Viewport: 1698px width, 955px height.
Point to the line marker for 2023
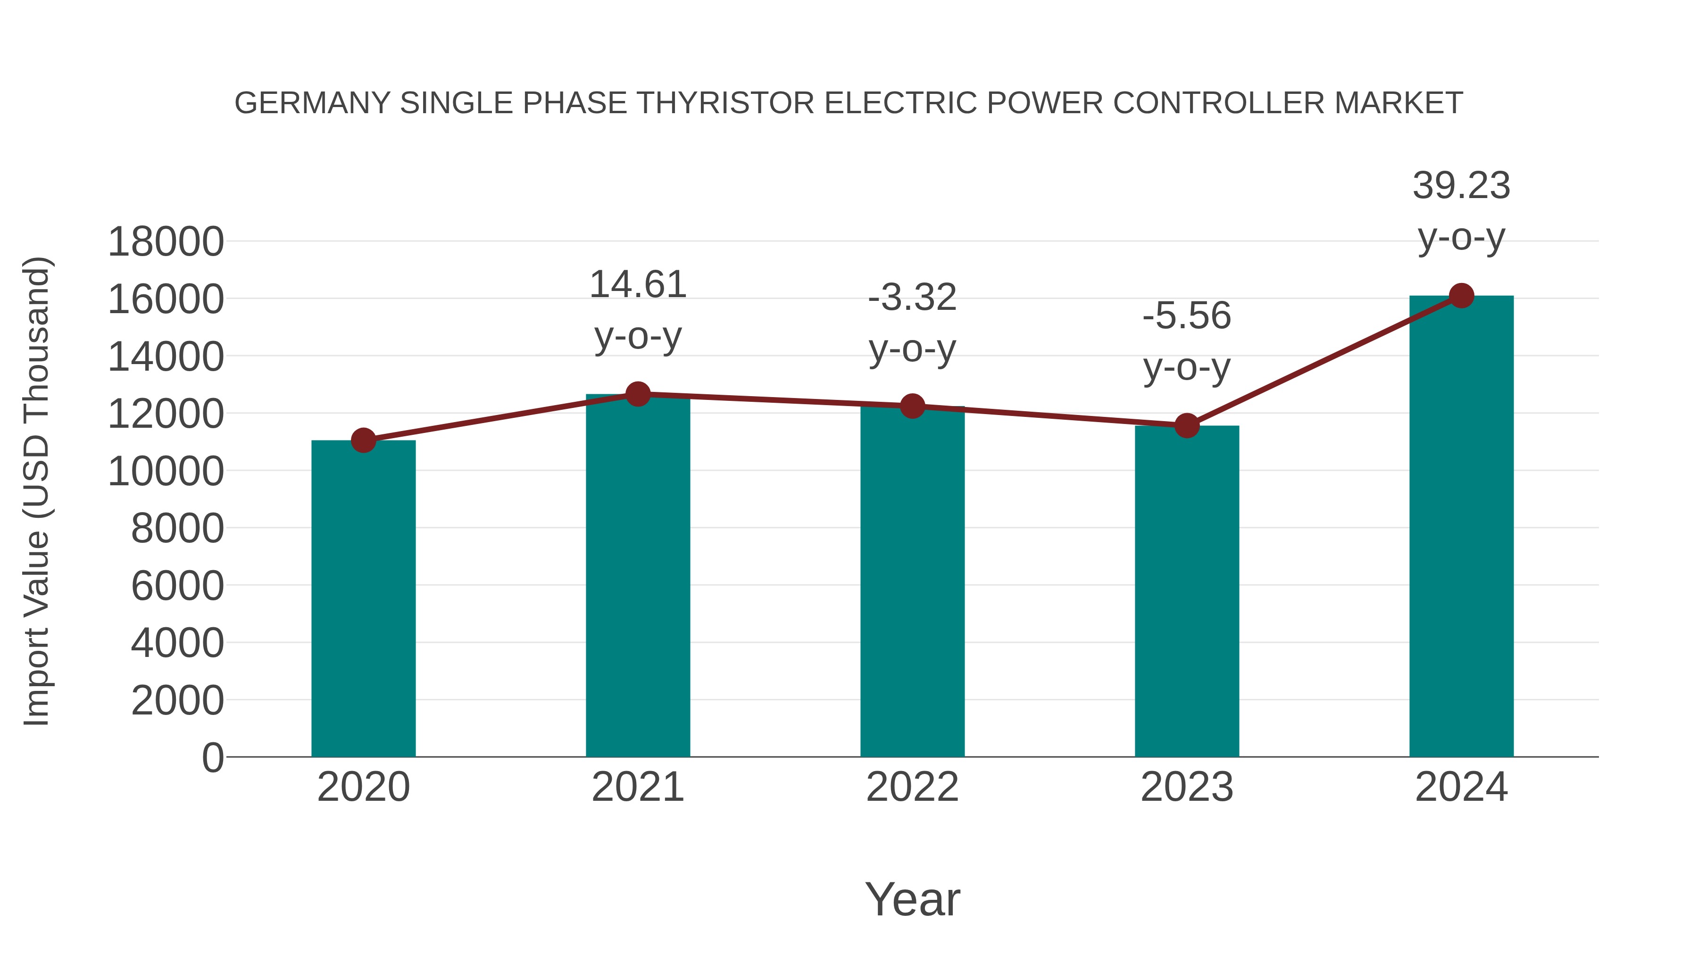[x=1187, y=426]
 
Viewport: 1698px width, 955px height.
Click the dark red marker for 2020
[x=363, y=440]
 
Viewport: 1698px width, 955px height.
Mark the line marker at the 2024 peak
[x=1461, y=296]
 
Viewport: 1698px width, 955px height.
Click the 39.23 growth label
[x=1461, y=185]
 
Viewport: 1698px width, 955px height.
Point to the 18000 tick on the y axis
[x=166, y=242]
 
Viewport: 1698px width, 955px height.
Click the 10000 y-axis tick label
[x=166, y=472]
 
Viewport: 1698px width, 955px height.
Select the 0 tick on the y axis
[x=213, y=757]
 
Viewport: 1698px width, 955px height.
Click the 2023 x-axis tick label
[x=1187, y=787]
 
